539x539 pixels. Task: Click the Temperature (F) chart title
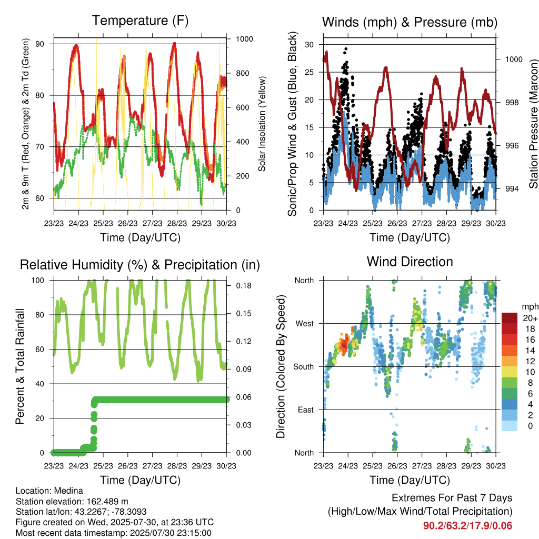[140, 21]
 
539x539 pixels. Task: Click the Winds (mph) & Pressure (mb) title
[410, 22]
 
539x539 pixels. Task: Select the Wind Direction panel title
[410, 262]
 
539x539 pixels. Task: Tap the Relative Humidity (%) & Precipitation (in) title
[140, 265]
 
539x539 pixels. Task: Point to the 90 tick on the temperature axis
[40, 44]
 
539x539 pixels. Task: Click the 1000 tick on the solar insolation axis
[244, 39]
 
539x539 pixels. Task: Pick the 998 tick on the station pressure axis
[512, 103]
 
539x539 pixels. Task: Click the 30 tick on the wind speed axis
[309, 45]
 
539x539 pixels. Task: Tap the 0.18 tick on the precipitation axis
[244, 286]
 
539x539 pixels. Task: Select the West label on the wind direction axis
[305, 324]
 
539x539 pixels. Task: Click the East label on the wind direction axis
[306, 410]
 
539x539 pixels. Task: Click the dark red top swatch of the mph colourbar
[510, 318]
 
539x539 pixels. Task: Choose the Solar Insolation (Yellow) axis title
[262, 124]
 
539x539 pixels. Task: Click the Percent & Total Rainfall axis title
[20, 366]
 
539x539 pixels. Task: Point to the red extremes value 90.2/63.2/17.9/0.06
[467, 526]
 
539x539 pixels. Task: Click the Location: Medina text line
[49, 491]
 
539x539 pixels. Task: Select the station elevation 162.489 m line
[72, 502]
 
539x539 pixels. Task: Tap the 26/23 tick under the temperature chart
[128, 223]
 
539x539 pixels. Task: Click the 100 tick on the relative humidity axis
[38, 281]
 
